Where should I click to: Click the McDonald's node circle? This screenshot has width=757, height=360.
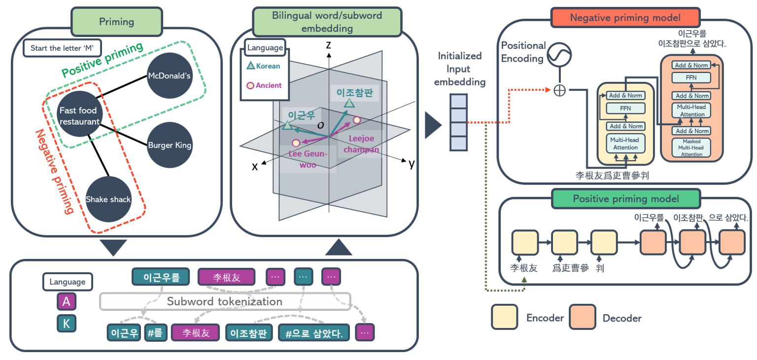(x=169, y=75)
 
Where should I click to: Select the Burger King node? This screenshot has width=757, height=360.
(x=170, y=145)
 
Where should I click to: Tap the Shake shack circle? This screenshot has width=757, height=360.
(x=108, y=199)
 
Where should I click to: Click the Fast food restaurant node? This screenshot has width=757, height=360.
(x=79, y=116)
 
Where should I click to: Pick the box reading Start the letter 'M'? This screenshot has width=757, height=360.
(x=62, y=48)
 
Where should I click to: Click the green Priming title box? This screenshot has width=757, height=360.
(x=117, y=21)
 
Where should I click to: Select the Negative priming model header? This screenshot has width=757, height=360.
(x=625, y=18)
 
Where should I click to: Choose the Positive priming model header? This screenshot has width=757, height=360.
(x=625, y=199)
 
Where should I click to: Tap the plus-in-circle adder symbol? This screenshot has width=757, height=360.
(x=559, y=91)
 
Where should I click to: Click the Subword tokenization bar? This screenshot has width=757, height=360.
(x=225, y=301)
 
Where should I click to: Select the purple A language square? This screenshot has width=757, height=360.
(x=67, y=301)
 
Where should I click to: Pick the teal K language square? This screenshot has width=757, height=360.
(x=67, y=324)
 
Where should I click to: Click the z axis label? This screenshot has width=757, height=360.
(x=328, y=45)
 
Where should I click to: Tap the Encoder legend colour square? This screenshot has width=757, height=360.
(x=504, y=317)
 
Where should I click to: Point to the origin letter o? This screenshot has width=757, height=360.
(x=320, y=125)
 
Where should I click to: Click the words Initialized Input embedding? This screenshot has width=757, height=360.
(x=459, y=69)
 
